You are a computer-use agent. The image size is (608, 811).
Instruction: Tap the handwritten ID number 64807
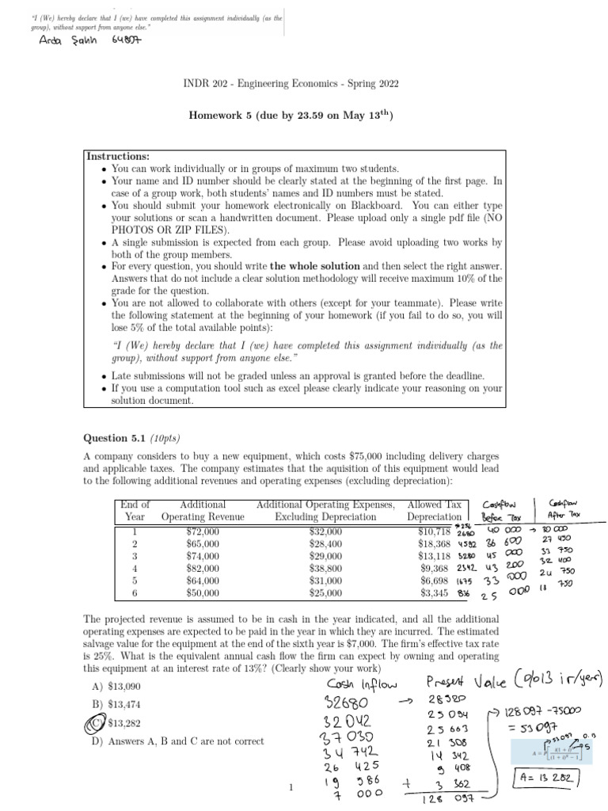click(122, 41)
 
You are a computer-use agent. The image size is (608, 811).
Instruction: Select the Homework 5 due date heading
click(291, 116)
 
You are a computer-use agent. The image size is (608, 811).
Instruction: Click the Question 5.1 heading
click(133, 438)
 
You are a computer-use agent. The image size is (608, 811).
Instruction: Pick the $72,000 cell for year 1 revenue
click(203, 531)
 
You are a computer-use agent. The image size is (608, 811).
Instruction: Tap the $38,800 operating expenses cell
click(325, 568)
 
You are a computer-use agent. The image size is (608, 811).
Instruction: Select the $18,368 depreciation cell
click(434, 544)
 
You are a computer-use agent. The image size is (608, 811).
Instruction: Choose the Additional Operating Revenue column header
click(203, 511)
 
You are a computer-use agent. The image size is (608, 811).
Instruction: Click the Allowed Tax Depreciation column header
click(433, 511)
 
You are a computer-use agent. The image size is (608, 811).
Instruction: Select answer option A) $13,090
click(116, 685)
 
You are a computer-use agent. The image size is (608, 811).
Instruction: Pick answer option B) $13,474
click(116, 703)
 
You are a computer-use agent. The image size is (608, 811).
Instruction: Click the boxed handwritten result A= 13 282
click(547, 775)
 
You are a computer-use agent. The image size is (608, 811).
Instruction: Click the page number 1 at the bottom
click(291, 787)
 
